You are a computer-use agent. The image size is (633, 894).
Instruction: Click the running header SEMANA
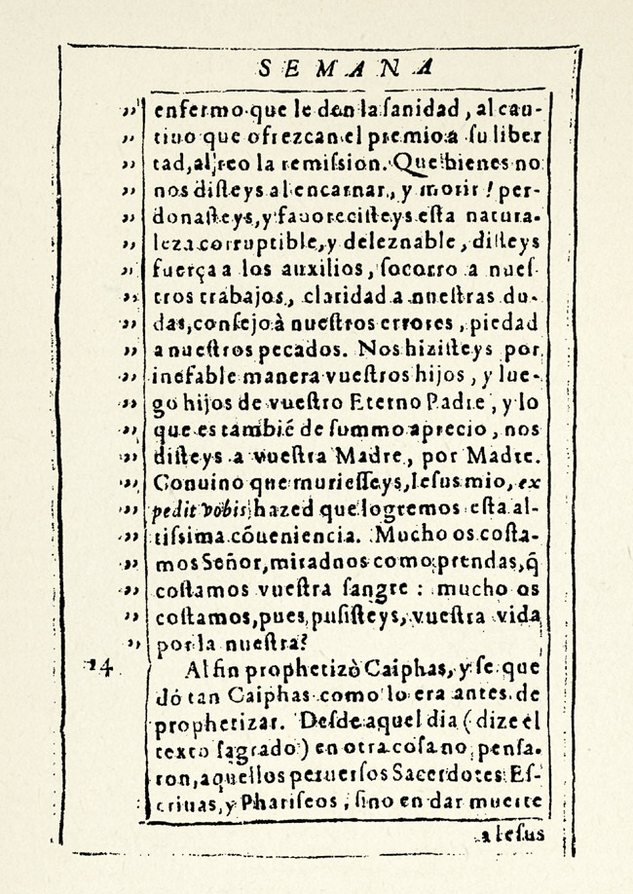click(x=347, y=68)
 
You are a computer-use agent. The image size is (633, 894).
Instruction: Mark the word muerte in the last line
click(x=512, y=803)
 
